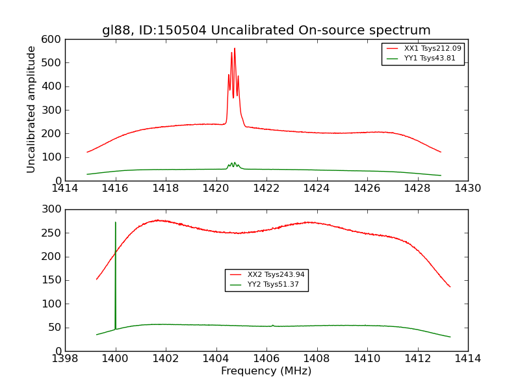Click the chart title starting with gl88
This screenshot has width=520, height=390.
266,31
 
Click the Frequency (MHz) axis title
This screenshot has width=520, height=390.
266,371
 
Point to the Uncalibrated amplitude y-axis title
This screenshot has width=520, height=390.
31,109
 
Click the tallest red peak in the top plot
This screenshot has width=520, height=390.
235,49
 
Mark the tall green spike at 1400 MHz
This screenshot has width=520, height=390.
116,224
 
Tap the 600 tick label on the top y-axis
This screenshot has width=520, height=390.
53,40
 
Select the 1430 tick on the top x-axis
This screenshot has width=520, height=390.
467,188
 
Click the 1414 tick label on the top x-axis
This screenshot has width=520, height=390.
66,188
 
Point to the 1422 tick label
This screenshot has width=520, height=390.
266,188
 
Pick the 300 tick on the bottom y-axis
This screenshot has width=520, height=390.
53,210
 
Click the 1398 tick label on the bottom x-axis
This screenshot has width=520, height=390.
66,359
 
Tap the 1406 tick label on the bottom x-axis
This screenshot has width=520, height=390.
266,359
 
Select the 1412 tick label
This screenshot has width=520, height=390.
417,359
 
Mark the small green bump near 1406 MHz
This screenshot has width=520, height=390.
273,325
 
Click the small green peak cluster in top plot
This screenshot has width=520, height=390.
233,164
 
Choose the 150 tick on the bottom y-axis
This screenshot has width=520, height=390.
53,280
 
